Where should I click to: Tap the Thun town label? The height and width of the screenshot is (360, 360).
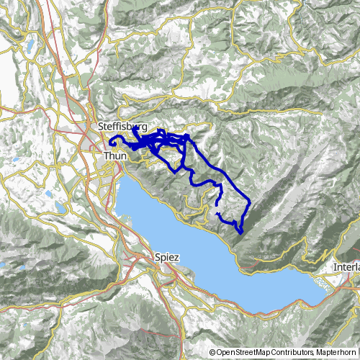coord(115,156)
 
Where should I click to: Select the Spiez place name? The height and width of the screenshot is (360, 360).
coord(166,256)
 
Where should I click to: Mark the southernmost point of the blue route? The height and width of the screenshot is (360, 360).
coord(240,233)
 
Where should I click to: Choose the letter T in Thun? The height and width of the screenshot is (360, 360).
coord(106,156)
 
